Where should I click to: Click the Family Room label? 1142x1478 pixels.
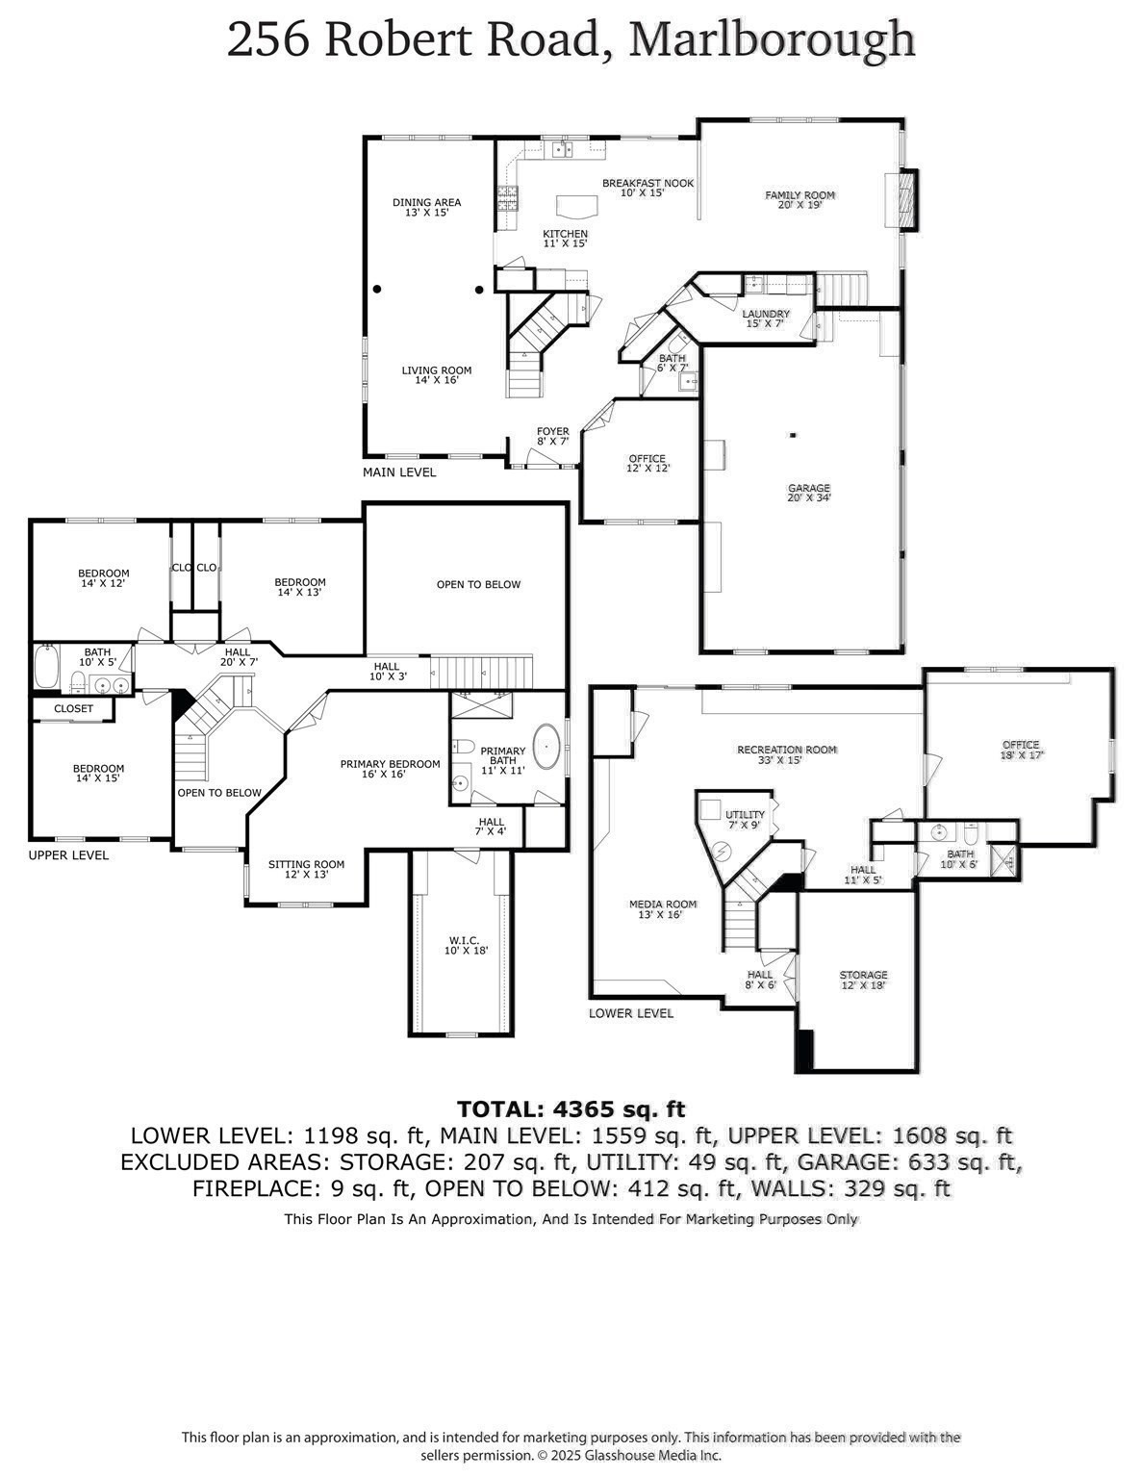(799, 199)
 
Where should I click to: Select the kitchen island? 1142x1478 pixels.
(575, 206)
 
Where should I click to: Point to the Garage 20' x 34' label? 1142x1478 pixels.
(808, 493)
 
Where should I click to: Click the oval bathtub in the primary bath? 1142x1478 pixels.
(547, 744)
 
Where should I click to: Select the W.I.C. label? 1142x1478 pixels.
(466, 945)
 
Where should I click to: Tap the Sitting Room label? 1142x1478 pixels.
(306, 869)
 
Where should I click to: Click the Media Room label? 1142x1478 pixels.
(661, 909)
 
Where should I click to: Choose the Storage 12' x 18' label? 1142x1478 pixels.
(863, 980)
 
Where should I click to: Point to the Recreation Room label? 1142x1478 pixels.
(786, 754)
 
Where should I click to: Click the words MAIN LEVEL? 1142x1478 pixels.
(399, 472)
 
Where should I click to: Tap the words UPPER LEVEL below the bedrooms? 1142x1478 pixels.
(68, 854)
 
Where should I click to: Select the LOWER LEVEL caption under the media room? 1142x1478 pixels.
(631, 1013)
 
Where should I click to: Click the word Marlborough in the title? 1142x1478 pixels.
(771, 40)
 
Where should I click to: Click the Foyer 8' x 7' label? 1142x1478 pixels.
(552, 436)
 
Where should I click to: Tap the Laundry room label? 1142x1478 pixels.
(766, 319)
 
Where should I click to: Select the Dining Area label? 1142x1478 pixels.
(426, 207)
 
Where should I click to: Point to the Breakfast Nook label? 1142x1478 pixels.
(647, 188)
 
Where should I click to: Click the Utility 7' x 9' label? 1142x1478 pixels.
(745, 820)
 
